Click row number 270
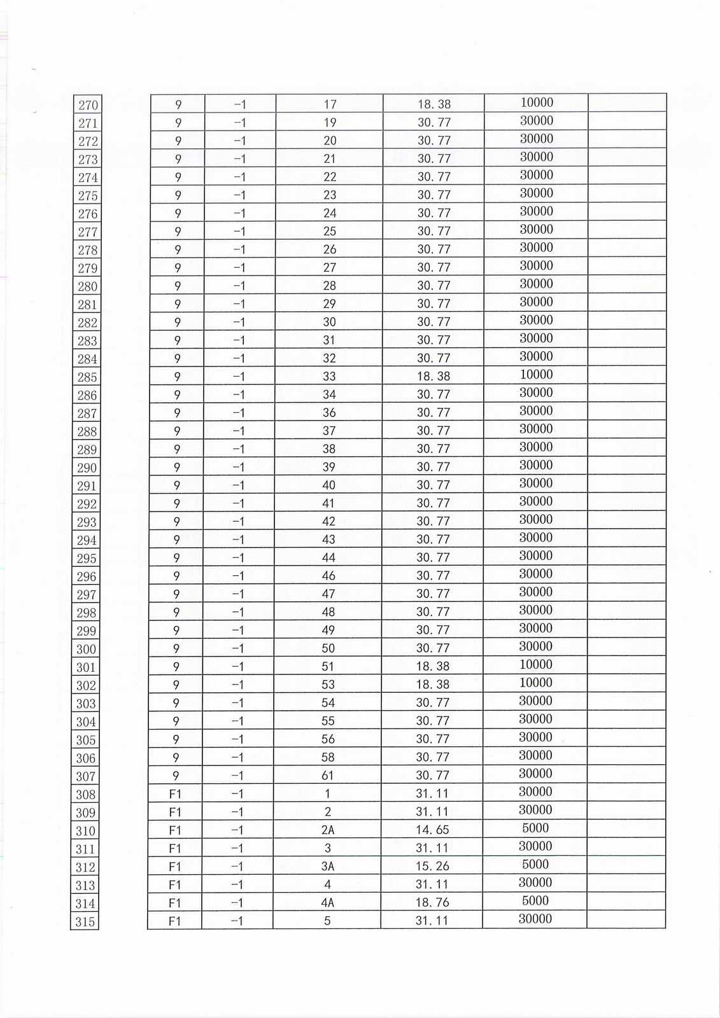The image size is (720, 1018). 88,105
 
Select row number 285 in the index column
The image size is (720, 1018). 87,377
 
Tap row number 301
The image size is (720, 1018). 86,667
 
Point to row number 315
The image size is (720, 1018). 85,922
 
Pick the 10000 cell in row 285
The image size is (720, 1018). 536,375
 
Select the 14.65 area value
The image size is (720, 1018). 433,830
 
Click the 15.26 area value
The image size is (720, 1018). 433,866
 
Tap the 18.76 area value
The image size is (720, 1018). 433,902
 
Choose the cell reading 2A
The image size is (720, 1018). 328,830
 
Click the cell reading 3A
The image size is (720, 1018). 328,866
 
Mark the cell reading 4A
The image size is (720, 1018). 328,902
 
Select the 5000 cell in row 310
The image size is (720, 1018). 535,828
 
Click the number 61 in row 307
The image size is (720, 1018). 328,776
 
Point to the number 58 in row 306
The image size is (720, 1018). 328,757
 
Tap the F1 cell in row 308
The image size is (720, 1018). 175,793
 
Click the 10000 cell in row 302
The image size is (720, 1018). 536,683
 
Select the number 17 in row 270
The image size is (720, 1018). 330,104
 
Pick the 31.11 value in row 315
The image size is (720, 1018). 432,921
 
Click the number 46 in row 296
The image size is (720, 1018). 328,576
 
